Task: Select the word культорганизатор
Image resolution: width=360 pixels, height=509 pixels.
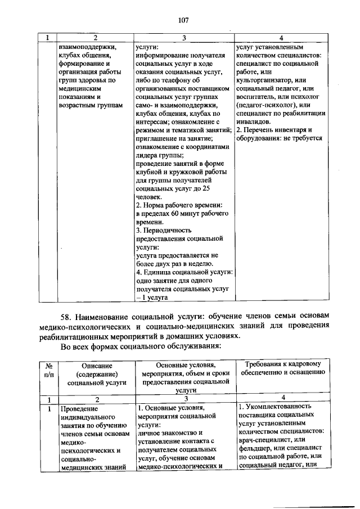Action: [265, 80]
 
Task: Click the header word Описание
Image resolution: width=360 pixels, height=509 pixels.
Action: [95, 365]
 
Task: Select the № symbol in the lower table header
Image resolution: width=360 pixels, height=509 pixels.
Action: [48, 365]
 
